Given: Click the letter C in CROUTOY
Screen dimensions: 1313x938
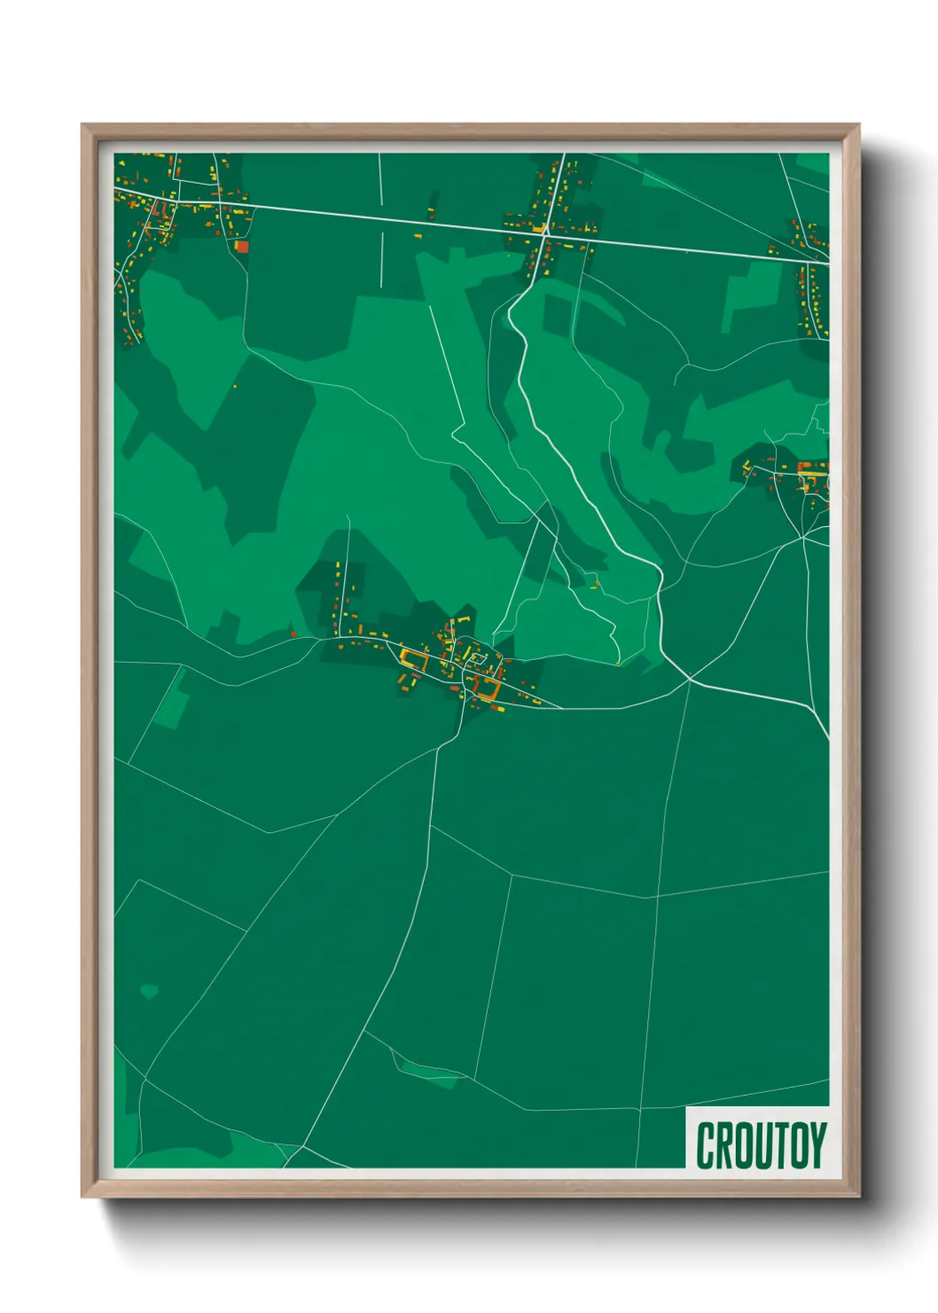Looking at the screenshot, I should click(706, 1145).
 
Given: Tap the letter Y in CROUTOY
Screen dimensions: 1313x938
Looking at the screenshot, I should click(817, 1145).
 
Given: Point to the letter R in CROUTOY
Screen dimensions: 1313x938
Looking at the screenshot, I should click(724, 1145).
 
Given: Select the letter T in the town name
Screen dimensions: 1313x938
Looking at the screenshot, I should click(779, 1145).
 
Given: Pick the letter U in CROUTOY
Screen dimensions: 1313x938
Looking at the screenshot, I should click(762, 1145).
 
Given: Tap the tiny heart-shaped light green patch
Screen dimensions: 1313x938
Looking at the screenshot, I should click(149, 990).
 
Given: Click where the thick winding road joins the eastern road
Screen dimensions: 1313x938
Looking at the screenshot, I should click(690, 680).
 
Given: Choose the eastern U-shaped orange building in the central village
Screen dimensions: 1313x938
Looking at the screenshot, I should click(487, 686).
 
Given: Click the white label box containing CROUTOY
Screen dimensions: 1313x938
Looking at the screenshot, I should click(758, 1137).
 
